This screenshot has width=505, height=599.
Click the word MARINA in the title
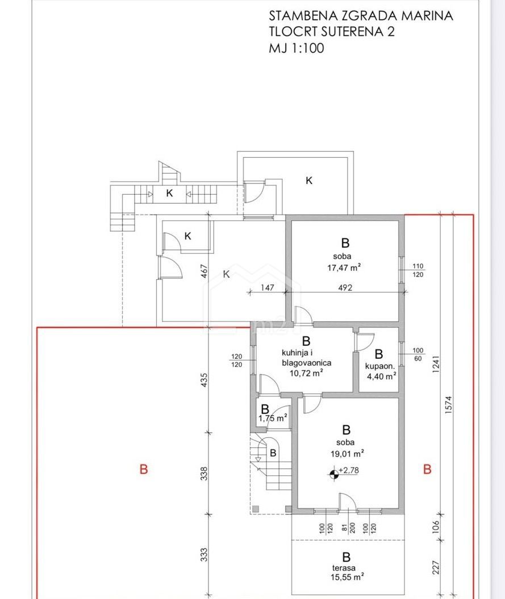coord(423,16)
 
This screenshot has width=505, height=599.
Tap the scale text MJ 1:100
coord(297,48)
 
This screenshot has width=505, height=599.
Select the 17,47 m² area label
coord(344,267)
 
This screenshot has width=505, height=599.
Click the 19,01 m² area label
coord(347,454)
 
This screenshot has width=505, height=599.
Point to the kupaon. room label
coord(379,366)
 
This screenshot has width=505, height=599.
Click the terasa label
coord(344,568)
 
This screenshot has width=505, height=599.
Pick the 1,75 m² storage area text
coord(273,418)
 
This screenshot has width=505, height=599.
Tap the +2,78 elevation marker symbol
coord(333,474)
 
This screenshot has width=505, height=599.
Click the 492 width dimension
coord(345,288)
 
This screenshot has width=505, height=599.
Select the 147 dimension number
coord(267,287)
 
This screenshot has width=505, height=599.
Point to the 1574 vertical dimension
coord(449,404)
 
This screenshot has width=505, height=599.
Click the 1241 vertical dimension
coord(436,364)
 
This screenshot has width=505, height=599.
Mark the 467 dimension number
coord(204,271)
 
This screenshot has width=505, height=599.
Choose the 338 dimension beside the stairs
coord(204,474)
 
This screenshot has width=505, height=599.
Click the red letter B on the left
coord(144,469)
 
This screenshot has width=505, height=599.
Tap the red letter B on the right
coord(427,469)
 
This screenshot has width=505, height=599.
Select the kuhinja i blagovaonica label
coord(307,358)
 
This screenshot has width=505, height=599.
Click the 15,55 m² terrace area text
coord(347,577)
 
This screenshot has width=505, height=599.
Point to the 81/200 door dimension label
coord(348,528)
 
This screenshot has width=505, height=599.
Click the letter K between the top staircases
coord(169,193)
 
